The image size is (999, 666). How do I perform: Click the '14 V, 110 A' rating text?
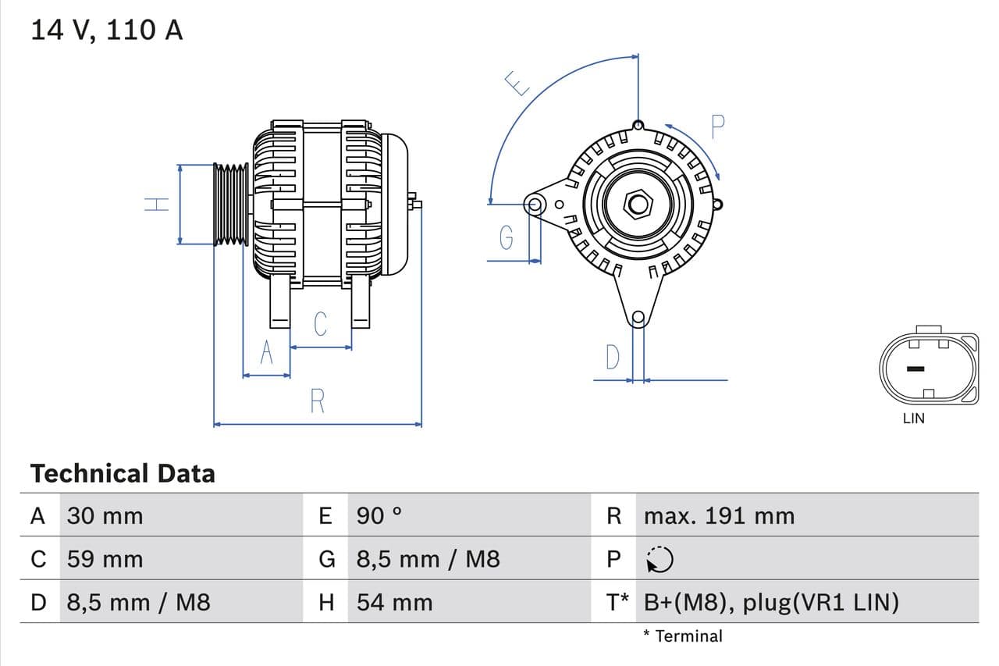pos(106,30)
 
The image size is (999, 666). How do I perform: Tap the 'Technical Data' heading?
pos(123,473)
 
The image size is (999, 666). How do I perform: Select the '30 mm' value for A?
pos(105,516)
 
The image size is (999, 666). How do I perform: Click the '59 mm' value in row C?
pos(105,559)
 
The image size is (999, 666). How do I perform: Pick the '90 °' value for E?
pos(379,516)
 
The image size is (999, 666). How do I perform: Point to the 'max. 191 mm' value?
pos(719,516)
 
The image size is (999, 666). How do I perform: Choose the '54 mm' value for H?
pos(394,603)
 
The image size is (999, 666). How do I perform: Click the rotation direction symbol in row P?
pos(659,559)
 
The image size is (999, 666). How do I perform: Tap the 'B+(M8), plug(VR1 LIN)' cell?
pos(771,603)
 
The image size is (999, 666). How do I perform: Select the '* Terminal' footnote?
pos(683,636)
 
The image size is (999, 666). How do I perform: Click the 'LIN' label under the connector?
pos(913,418)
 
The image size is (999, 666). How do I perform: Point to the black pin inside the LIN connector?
pos(915,369)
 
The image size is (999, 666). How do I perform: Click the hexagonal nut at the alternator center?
pos(638,205)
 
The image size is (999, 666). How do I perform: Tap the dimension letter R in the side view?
pos(317,401)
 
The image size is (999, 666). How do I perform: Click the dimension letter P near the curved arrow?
pos(718,126)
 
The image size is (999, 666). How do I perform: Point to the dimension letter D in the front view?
pos(613,358)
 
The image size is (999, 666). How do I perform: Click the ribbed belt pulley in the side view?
pos(231,205)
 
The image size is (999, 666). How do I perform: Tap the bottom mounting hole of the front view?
pos(638,317)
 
